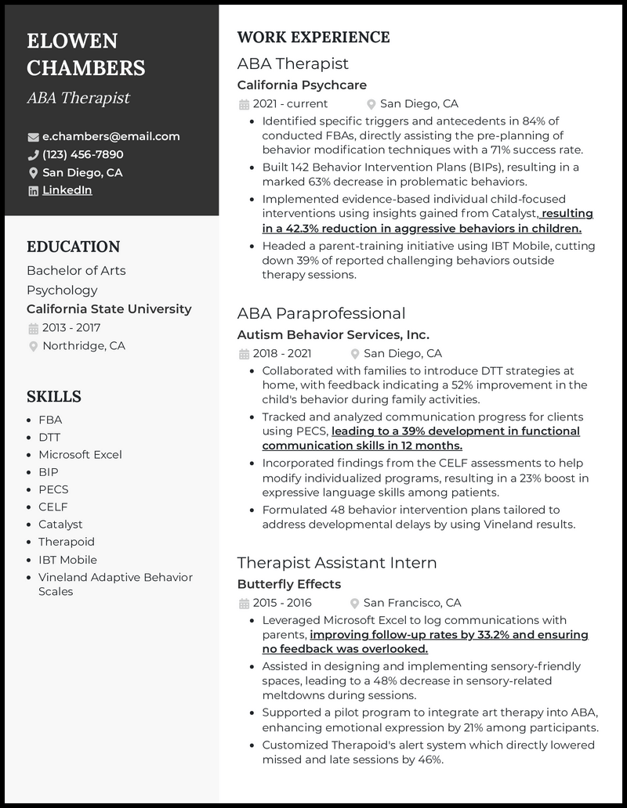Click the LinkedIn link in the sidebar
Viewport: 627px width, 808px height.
[x=67, y=190]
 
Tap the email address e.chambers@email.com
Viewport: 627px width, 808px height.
[x=111, y=136]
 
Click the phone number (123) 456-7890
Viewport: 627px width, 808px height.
[x=82, y=154]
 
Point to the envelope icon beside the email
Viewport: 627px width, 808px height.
[x=33, y=136]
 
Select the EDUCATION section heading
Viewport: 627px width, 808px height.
[x=73, y=247]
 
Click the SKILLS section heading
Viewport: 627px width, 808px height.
[x=53, y=396]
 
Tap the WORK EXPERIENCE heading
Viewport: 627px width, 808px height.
[x=313, y=38]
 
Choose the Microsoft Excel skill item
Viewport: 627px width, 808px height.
[x=80, y=455]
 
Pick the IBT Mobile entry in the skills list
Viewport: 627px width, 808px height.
[x=67, y=560]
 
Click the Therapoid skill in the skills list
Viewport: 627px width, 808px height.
[x=66, y=542]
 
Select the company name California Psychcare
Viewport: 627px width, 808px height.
[x=302, y=85]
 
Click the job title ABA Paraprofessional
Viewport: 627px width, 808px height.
[x=321, y=313]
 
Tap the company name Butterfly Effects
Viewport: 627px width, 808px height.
[x=288, y=584]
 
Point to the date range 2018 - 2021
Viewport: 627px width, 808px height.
[x=282, y=353]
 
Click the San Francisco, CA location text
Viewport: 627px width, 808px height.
[x=412, y=603]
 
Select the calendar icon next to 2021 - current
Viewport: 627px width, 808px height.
[x=244, y=104]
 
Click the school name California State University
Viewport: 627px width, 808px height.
[x=109, y=309]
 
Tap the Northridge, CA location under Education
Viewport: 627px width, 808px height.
[x=84, y=346]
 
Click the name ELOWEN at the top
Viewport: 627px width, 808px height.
[x=72, y=41]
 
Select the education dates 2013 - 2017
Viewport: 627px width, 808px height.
[x=71, y=328]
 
